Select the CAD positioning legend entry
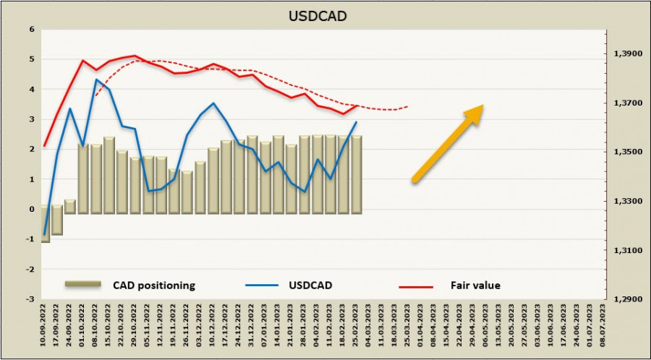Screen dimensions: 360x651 (x=153, y=286)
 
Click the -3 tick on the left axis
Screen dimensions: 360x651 (x=30, y=299)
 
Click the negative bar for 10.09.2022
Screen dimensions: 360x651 (x=45, y=226)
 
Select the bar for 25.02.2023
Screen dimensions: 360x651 (x=357, y=173)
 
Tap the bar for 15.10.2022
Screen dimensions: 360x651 (x=109, y=173)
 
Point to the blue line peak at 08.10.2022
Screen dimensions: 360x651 (x=96, y=80)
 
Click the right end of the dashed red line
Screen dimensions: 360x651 (x=408, y=106)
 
